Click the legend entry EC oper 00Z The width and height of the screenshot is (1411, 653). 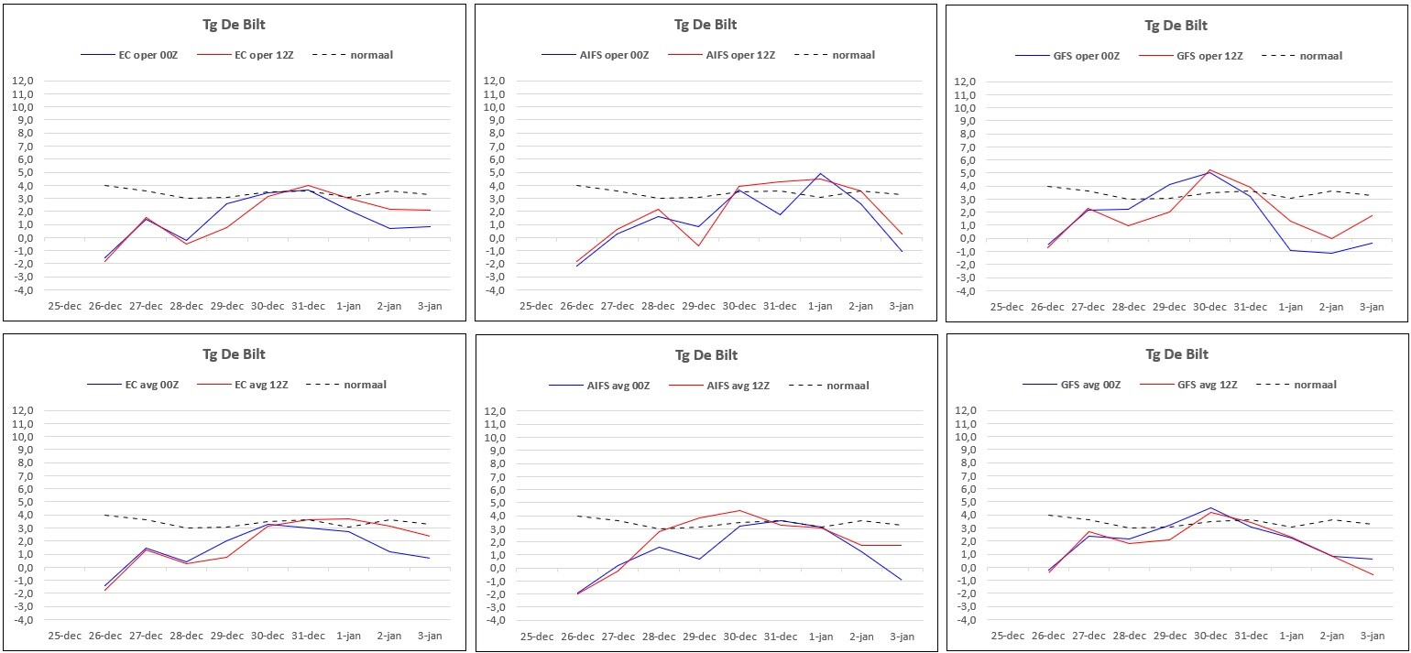[129, 55]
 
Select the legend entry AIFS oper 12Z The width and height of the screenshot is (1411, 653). [721, 55]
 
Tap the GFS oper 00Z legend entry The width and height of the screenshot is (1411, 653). [1067, 56]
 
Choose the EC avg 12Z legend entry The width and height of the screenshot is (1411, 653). [243, 384]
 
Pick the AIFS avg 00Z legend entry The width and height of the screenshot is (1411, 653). [599, 386]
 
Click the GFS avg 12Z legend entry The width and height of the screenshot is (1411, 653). [1188, 384]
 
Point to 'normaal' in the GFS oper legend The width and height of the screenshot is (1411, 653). [1321, 56]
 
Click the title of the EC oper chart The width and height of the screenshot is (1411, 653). [234, 25]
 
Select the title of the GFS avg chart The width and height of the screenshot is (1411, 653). [1176, 354]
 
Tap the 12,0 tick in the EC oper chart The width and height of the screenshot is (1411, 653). [22, 81]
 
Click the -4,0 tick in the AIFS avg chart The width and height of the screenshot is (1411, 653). [494, 620]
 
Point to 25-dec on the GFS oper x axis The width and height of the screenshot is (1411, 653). [1007, 307]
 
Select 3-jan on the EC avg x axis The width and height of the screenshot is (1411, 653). [430, 636]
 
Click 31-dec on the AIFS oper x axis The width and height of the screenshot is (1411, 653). [779, 305]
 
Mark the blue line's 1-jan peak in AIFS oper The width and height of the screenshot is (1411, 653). [820, 173]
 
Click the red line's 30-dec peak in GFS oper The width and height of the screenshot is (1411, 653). [1209, 170]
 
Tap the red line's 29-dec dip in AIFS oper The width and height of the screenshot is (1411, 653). [698, 245]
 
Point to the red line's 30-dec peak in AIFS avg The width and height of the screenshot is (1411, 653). [739, 511]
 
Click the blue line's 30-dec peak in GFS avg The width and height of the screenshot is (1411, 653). [1210, 507]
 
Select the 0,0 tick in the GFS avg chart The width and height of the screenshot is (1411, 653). [968, 567]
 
